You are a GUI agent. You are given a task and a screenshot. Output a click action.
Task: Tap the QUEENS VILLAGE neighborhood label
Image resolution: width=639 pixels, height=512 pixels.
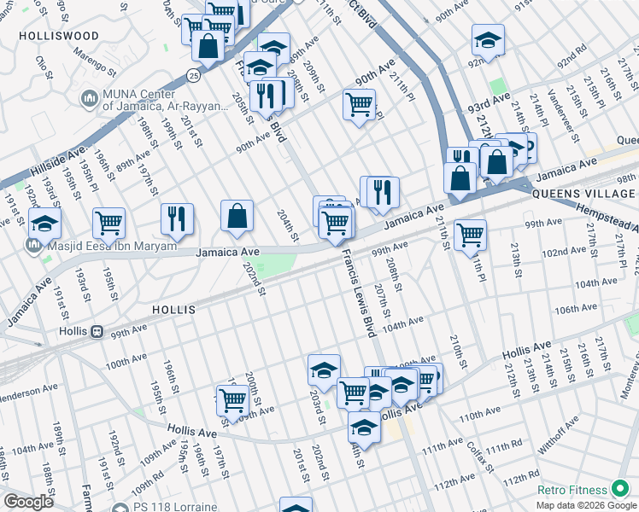point(572,194)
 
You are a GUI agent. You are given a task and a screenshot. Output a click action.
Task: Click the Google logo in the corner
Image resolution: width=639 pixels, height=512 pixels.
point(28,502)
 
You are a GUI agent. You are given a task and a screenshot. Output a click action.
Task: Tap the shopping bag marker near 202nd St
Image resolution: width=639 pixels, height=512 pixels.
point(237,217)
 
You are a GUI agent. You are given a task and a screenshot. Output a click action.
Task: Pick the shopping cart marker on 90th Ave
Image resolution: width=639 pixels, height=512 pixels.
point(359,105)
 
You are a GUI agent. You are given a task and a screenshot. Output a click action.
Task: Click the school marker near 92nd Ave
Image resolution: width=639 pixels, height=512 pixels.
point(488,40)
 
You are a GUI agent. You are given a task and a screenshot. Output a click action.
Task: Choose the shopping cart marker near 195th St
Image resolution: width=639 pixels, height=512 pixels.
point(108,224)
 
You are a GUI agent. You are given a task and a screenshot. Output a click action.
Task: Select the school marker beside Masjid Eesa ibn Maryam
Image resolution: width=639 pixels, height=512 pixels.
point(44,224)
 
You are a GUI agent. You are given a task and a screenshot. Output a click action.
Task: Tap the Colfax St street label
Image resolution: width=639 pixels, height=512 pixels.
point(475,456)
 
